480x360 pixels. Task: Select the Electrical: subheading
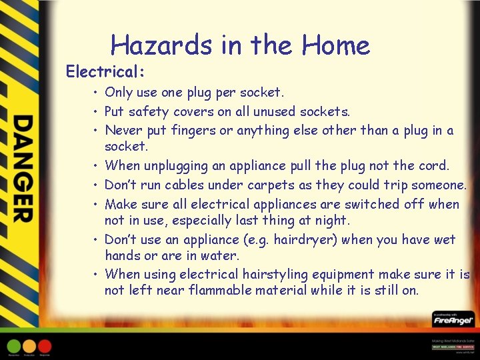point(105,70)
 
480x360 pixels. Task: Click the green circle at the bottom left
point(14,346)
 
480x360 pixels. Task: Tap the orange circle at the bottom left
point(29,346)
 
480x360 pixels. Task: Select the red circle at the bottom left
point(45,346)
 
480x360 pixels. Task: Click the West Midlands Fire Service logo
point(453,347)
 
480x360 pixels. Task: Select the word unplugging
point(175,165)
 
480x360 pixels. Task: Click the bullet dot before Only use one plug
point(97,92)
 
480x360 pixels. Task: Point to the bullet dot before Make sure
point(97,204)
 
